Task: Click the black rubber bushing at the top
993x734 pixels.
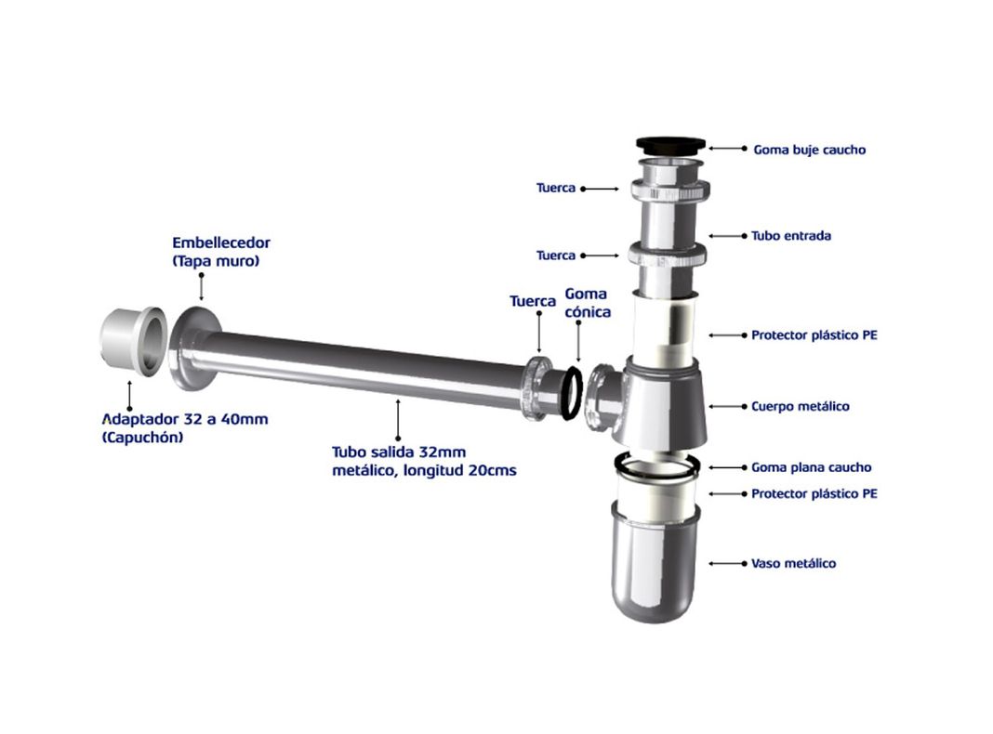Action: coord(670,145)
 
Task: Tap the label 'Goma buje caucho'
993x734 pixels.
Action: coord(809,150)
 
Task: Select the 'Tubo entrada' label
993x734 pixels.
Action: coord(791,236)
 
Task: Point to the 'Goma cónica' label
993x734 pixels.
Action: coord(588,303)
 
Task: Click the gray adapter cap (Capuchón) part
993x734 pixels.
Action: coord(133,341)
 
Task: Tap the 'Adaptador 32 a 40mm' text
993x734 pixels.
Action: coord(185,419)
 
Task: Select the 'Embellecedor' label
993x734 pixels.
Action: coord(221,242)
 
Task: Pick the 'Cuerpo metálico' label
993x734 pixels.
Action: coord(800,406)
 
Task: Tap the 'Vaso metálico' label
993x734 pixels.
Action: coord(793,563)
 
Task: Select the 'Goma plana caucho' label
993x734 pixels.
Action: coord(812,467)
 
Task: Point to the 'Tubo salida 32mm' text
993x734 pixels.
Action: coord(399,452)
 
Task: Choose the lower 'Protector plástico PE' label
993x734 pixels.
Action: coord(814,493)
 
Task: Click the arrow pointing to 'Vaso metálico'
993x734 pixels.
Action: coord(728,563)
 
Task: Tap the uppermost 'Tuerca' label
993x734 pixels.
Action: coord(556,188)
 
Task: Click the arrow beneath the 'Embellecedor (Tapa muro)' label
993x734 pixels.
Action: coord(202,287)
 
